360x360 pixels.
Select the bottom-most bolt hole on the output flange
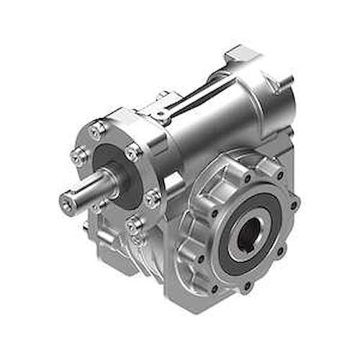point(246,285)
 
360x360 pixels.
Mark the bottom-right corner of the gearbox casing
point(277,277)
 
